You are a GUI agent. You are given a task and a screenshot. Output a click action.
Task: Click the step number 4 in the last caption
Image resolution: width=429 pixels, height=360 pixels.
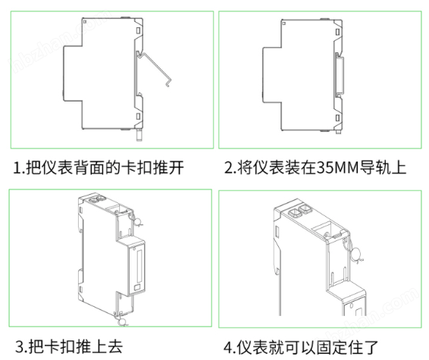[227, 346]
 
